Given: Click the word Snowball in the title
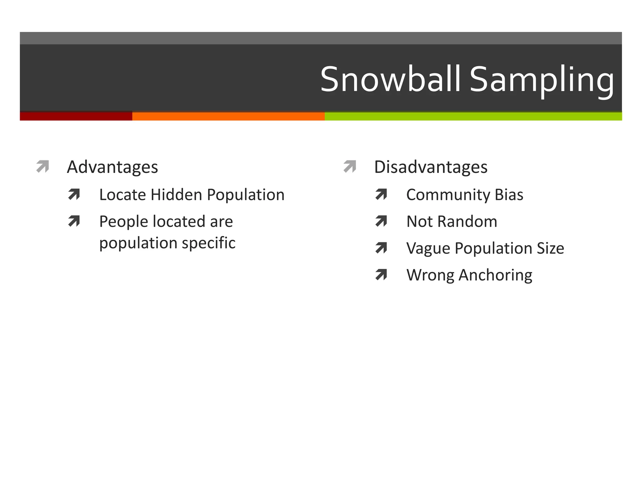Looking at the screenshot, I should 390,79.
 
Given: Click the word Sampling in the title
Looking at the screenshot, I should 542,80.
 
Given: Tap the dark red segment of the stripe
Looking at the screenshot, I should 76,116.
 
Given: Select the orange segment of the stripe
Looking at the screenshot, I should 228,116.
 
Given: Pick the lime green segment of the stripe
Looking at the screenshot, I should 473,116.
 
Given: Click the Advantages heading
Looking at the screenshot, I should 112,167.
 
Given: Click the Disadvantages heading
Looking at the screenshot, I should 431,167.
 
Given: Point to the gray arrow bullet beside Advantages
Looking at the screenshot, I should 43,166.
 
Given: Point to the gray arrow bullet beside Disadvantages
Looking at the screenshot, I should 350,166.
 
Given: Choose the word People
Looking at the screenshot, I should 124,222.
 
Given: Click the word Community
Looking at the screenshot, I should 448,195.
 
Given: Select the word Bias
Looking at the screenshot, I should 509,195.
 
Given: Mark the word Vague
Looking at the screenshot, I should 428,249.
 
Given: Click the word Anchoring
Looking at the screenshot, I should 495,275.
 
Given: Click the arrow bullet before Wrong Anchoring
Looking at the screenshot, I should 381,275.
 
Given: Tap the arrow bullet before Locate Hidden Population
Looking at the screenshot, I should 74,195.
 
